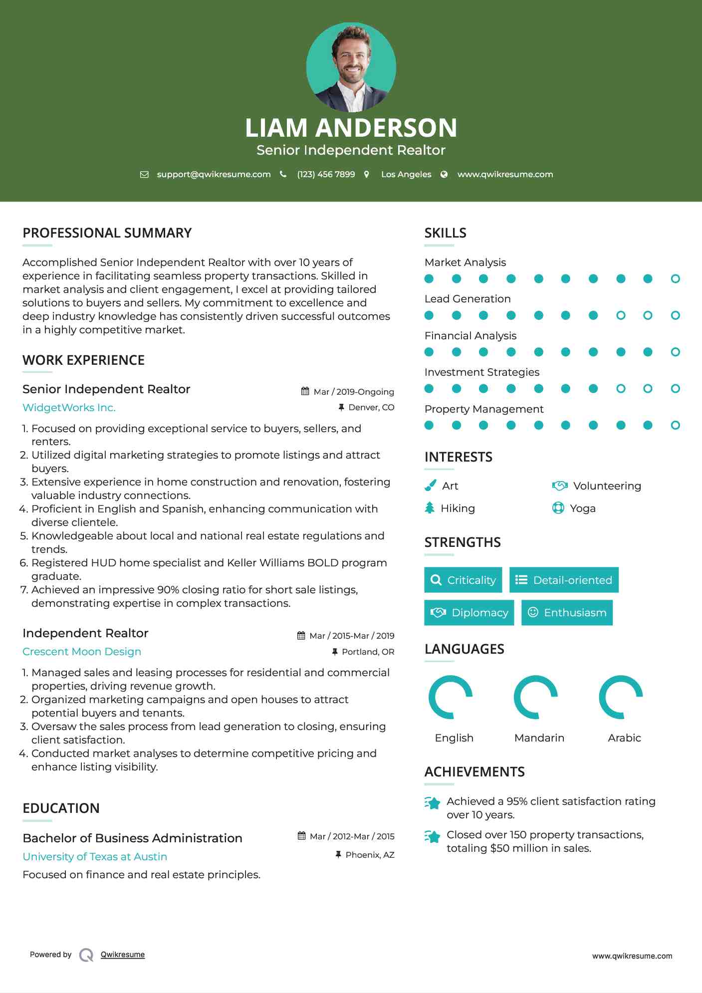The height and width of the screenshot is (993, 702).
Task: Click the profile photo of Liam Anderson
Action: tap(351, 67)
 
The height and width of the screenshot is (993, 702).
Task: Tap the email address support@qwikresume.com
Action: tap(214, 174)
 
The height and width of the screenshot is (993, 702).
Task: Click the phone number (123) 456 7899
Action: tap(326, 174)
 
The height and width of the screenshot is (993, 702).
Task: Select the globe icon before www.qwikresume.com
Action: tap(444, 174)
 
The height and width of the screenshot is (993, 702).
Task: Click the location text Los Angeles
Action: tap(406, 174)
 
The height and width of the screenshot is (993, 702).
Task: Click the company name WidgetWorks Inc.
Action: tap(69, 408)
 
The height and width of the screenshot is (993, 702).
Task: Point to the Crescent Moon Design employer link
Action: tap(82, 652)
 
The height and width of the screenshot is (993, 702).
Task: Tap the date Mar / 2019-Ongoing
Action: tap(353, 392)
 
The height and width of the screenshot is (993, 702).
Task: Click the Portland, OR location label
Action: tap(368, 652)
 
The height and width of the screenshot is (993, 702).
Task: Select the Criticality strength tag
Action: tap(463, 580)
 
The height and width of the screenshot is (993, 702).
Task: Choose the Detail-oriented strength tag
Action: tap(564, 580)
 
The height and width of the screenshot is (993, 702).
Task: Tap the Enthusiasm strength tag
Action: tap(567, 612)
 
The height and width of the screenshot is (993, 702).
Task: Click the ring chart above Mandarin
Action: tap(536, 697)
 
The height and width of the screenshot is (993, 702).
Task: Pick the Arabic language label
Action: tap(624, 738)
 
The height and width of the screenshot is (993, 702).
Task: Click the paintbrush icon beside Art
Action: tap(430, 486)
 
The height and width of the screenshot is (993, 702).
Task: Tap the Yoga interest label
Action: tap(582, 508)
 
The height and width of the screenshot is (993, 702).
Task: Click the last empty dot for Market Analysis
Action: tap(675, 279)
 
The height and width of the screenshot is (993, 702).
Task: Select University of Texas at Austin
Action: tap(95, 856)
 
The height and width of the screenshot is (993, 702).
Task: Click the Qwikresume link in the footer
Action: tap(123, 955)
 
